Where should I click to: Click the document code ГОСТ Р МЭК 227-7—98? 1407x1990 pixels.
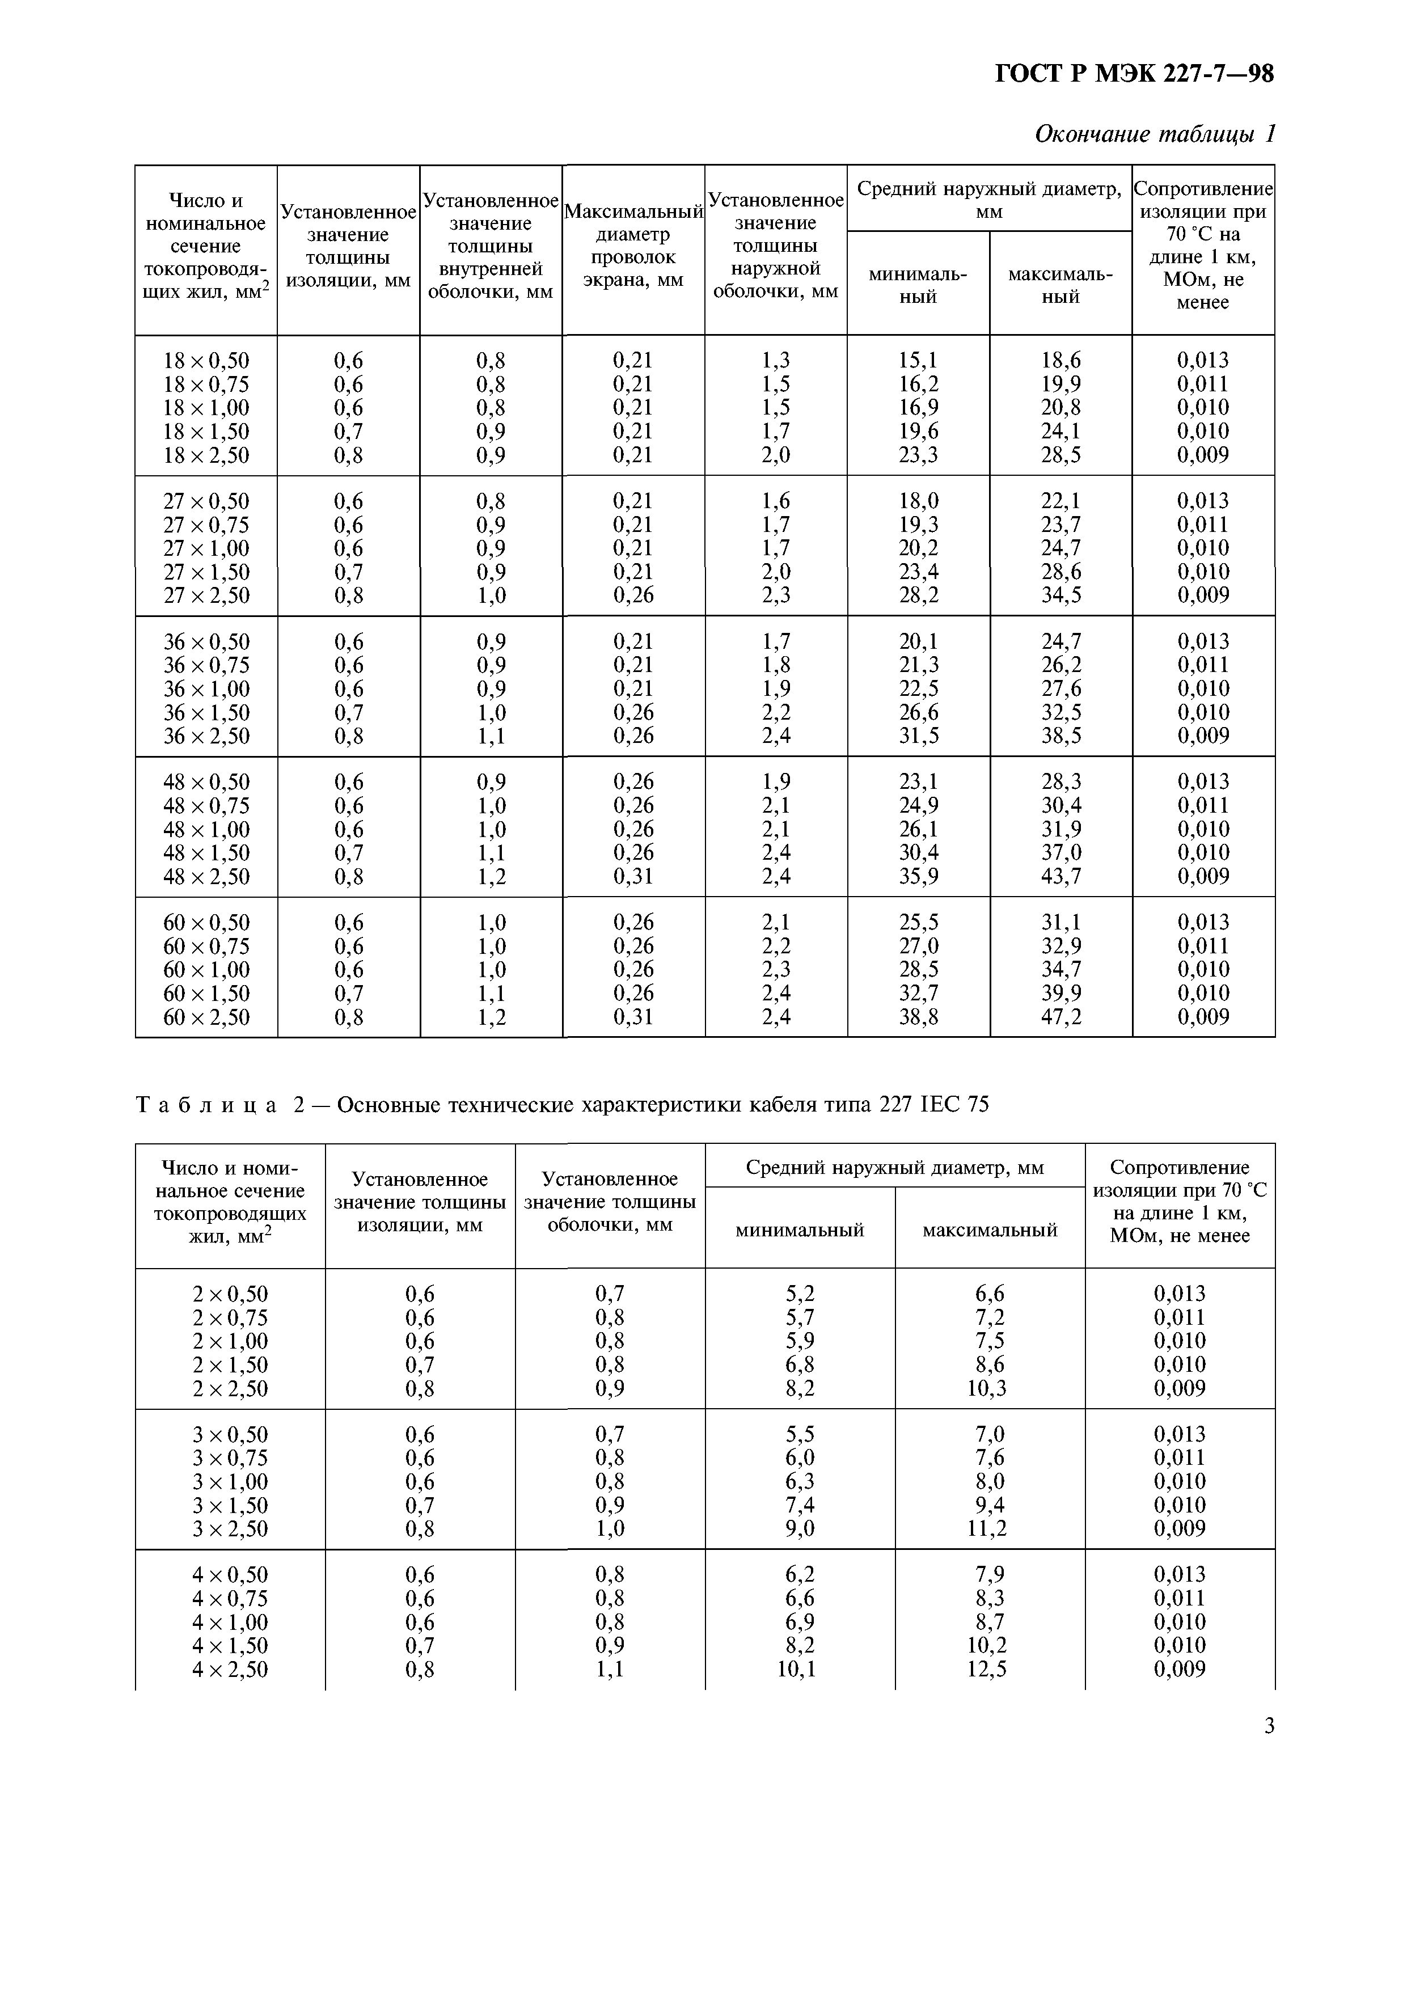click(1134, 74)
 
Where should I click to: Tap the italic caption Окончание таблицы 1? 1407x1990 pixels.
click(1155, 134)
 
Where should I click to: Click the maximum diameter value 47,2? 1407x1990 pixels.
click(1061, 1017)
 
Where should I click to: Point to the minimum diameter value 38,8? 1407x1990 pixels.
click(918, 1017)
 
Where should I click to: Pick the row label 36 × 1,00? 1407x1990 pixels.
click(206, 689)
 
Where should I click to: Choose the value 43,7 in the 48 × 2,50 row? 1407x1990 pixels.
click(1061, 876)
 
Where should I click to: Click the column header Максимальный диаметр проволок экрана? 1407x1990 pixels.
click(633, 246)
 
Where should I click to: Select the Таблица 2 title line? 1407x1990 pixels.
click(562, 1105)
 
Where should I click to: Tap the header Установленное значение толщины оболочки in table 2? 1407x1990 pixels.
click(610, 1202)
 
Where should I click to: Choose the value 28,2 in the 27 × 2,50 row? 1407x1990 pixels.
click(918, 595)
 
